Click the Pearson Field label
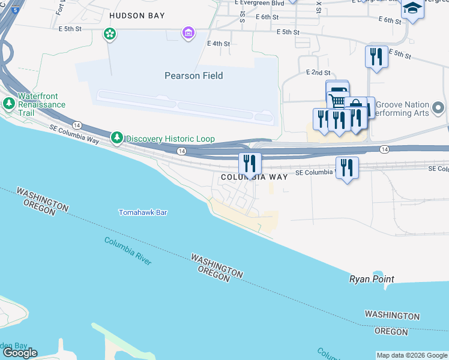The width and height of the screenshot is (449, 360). [194, 76]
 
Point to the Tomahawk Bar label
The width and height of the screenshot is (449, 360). [142, 212]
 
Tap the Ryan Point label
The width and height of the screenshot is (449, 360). [372, 279]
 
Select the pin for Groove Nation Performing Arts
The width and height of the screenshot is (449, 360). [438, 109]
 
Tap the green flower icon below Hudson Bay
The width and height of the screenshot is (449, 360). [110, 34]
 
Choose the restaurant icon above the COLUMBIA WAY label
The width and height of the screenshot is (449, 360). [249, 163]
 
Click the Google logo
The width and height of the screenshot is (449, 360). [20, 353]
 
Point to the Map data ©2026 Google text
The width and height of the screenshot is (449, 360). [412, 355]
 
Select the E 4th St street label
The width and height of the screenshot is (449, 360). [218, 43]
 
